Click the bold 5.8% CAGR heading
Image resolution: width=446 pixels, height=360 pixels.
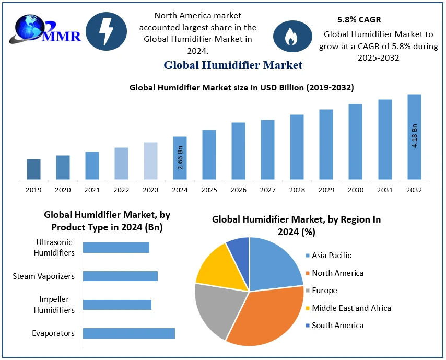coord(359,20)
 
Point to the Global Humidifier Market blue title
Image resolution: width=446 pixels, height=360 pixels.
coord(233,65)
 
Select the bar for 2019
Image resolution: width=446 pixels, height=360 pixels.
coord(33,169)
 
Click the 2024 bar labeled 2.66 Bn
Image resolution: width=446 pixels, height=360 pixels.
coord(180,158)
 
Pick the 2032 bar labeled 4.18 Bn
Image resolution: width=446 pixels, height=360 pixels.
coord(414,137)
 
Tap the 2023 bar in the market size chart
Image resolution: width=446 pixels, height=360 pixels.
coord(150,161)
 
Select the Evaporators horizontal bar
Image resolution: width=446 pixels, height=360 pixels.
coord(128,333)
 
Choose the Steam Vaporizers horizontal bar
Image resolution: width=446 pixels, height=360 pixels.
coord(120,276)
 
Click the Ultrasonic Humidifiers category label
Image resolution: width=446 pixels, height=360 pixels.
coord(54,248)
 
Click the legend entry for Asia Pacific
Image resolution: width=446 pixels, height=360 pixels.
coord(331,256)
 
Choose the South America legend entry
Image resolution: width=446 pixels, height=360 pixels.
coord(337,326)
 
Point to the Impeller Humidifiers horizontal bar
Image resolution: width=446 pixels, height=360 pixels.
coord(117,305)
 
